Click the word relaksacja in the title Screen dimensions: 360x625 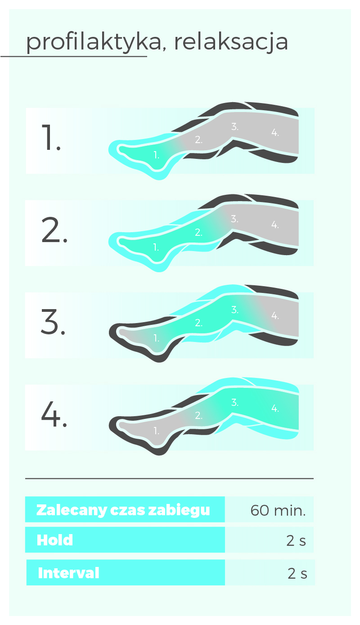pos(231,42)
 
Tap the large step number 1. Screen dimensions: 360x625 pos(51,138)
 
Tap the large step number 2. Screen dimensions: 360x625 pos(54,230)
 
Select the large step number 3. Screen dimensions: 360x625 pos(53,322)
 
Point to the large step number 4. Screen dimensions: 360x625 pos(54,414)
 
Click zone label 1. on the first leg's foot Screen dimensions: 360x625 pos(157,155)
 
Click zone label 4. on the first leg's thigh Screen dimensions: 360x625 pos(275,133)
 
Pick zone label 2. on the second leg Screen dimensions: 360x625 pos(198,232)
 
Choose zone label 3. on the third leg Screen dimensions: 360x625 pos(235,310)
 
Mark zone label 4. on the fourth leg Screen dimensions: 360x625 pos(275,409)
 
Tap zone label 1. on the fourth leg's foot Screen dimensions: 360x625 pos(157,431)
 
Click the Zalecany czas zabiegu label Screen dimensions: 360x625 pos(123,510)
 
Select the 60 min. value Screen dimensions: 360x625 pos(278,511)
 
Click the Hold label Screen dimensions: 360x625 pos(55,540)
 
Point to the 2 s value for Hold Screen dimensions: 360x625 pos(296,541)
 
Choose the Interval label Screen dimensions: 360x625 pos(69,573)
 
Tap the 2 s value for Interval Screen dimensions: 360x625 pos(297,574)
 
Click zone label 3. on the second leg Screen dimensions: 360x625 pos(235,219)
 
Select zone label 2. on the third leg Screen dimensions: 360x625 pos(198,323)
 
